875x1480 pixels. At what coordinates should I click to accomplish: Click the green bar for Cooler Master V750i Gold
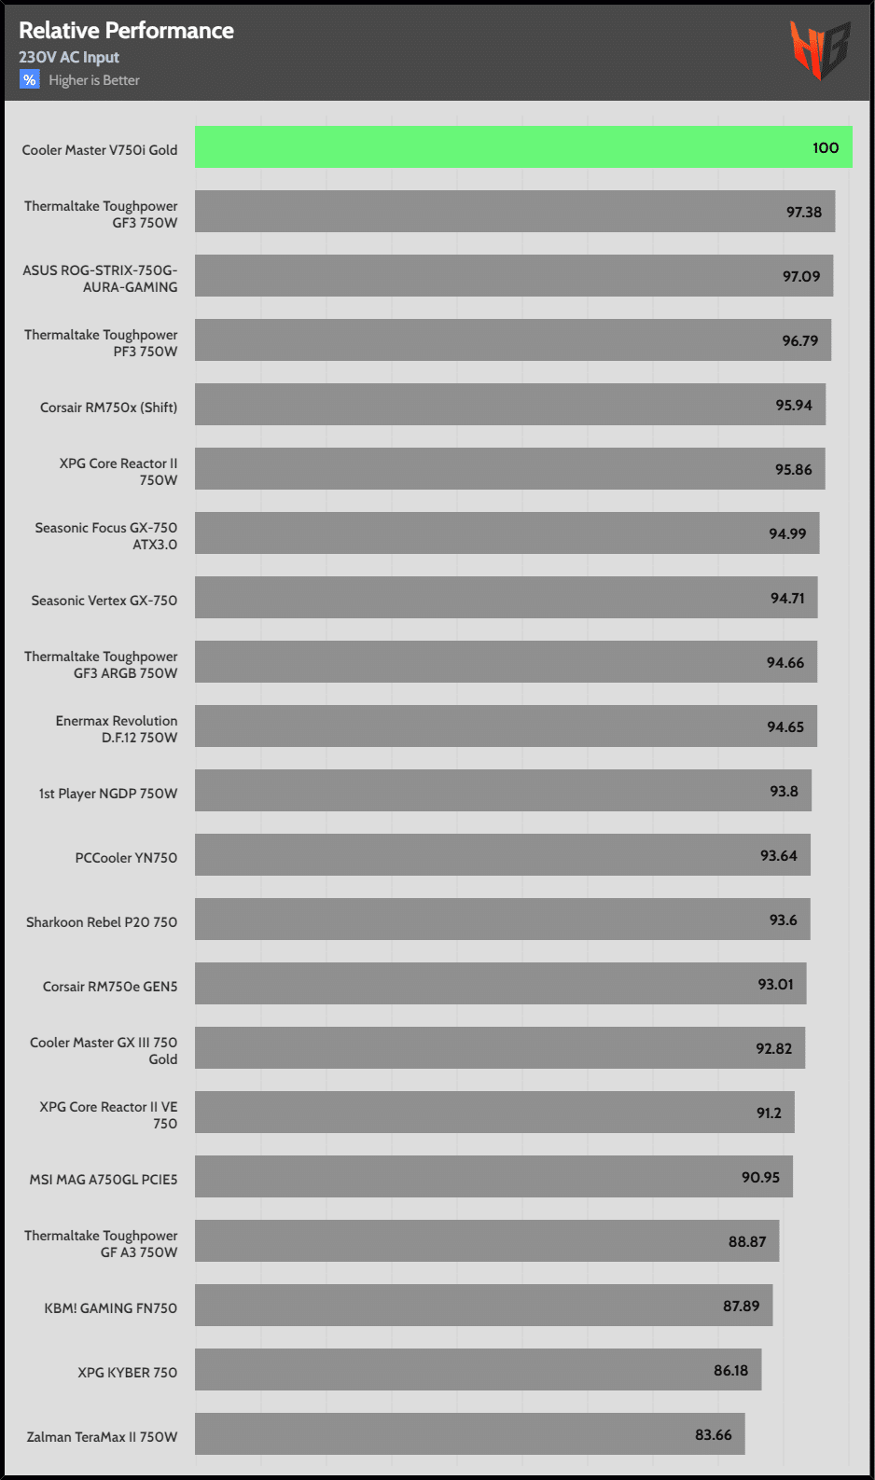coord(522,147)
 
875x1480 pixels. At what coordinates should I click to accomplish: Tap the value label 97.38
coord(803,213)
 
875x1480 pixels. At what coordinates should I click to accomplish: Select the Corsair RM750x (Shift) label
coord(108,408)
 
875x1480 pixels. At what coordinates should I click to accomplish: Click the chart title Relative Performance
coord(126,31)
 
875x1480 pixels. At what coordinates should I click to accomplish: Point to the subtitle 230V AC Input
coord(69,58)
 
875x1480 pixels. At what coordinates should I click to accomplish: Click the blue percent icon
coord(30,80)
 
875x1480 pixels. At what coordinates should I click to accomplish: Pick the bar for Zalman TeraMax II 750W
coord(469,1434)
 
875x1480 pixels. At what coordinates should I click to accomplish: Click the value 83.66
coord(713,1435)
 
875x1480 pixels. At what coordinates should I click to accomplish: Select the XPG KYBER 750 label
coord(127,1373)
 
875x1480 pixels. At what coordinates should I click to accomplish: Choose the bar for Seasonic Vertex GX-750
coord(506,598)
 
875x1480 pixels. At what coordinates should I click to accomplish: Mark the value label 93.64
coord(778,856)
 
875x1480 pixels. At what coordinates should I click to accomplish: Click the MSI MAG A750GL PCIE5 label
coord(104,1180)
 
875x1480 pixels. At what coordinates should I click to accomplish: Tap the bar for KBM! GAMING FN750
coord(483,1306)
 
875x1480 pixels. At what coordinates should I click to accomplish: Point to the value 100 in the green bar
coord(825,148)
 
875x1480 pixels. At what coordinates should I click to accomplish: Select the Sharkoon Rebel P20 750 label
coord(102,922)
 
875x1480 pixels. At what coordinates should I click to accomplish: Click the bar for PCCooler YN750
coord(502,855)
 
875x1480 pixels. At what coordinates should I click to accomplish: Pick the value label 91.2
coord(769,1113)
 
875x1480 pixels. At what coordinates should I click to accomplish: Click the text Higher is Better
coord(94,81)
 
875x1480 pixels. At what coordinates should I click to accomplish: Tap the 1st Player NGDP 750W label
coord(107,794)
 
